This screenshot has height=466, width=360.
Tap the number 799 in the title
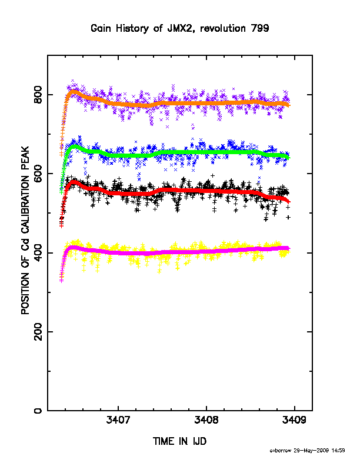click(260, 28)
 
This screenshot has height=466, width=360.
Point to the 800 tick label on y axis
click(38, 95)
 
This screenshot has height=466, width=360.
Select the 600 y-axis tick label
click(38, 174)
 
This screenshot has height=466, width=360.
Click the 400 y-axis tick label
click(38, 252)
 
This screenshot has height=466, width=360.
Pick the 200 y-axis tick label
click(38, 332)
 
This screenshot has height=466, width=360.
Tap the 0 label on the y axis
click(38, 411)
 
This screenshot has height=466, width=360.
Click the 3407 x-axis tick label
click(118, 420)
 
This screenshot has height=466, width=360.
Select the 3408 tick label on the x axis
click(206, 420)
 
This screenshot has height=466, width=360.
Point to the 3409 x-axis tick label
click(294, 420)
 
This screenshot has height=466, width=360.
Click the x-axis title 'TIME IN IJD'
click(179, 441)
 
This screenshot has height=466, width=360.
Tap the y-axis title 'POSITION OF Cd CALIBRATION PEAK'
click(25, 230)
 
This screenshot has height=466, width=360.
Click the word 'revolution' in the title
click(223, 28)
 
